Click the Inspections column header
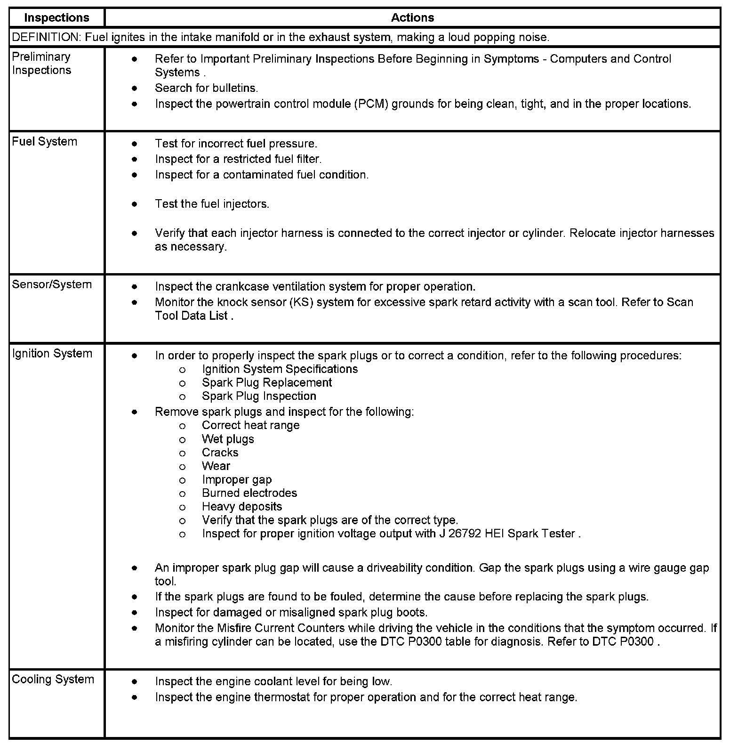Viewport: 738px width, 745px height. click(x=56, y=18)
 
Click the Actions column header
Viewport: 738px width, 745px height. click(x=412, y=18)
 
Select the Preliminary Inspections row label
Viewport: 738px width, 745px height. click(x=41, y=63)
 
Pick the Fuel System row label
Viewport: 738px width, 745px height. click(x=44, y=142)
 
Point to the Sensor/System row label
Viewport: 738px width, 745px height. click(x=52, y=284)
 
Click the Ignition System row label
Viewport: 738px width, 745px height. click(x=52, y=354)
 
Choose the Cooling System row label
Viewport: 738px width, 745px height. click(x=53, y=679)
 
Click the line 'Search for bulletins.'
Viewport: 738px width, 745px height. click(x=206, y=88)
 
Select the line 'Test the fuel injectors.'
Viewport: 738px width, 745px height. click(x=212, y=204)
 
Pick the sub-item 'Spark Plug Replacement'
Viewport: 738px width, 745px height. click(x=267, y=382)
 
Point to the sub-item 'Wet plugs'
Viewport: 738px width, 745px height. click(x=228, y=439)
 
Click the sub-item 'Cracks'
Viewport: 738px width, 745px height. click(x=220, y=453)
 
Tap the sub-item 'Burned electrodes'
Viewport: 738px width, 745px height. click(x=249, y=493)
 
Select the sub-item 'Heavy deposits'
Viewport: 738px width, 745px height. click(x=242, y=507)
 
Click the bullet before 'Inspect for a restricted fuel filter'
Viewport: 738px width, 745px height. click(x=135, y=159)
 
